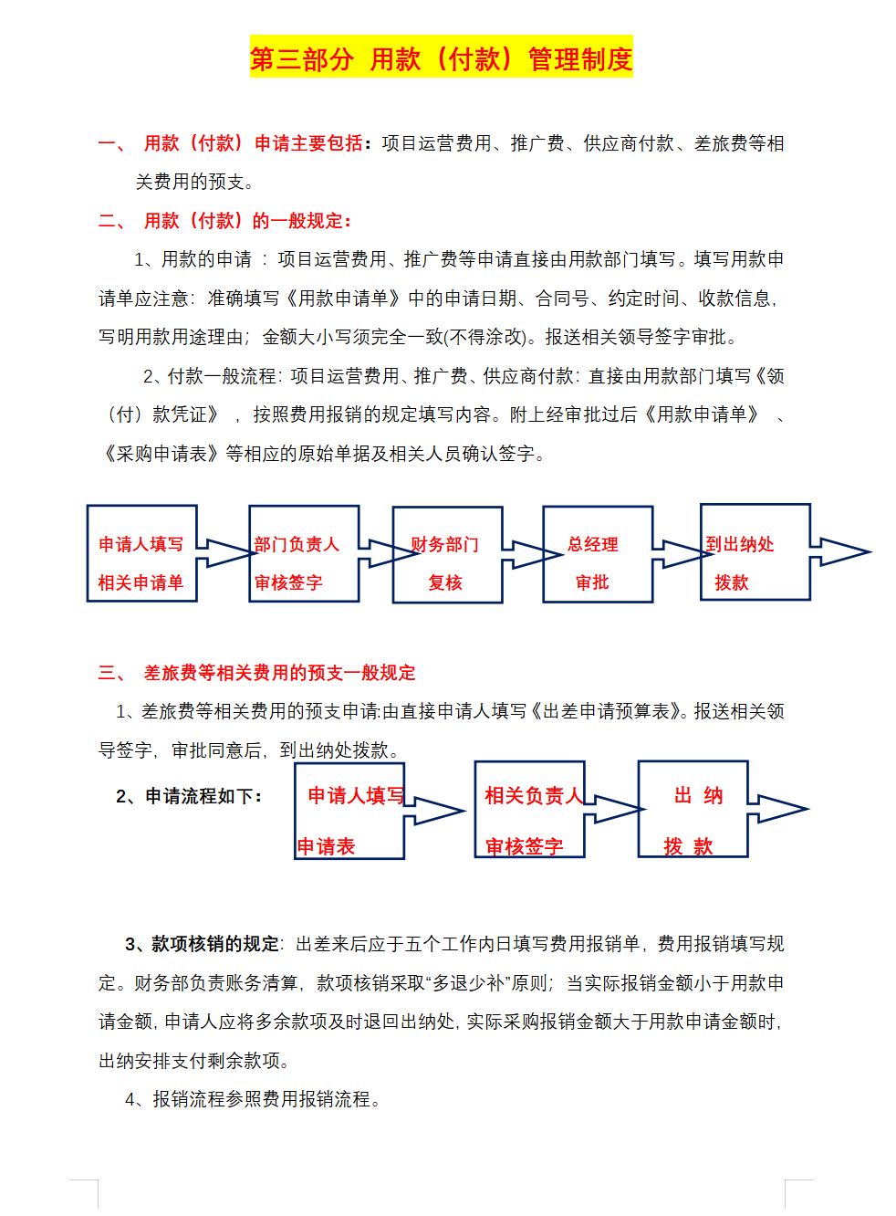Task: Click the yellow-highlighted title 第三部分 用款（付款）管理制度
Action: (x=441, y=59)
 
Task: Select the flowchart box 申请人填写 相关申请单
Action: (x=141, y=553)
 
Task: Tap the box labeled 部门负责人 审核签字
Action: (x=303, y=554)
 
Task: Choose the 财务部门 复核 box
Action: (x=447, y=555)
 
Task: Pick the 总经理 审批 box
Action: (x=597, y=554)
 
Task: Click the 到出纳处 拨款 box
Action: (x=755, y=552)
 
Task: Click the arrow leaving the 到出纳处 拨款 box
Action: (x=839, y=551)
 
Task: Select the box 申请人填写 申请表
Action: (x=349, y=810)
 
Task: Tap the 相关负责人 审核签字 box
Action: (x=529, y=810)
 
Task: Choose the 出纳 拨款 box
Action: (x=693, y=810)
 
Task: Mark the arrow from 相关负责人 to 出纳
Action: (x=613, y=809)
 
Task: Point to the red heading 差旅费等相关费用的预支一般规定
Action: (x=279, y=673)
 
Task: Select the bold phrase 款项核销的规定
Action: (x=215, y=944)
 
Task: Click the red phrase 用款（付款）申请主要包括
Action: (x=254, y=143)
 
